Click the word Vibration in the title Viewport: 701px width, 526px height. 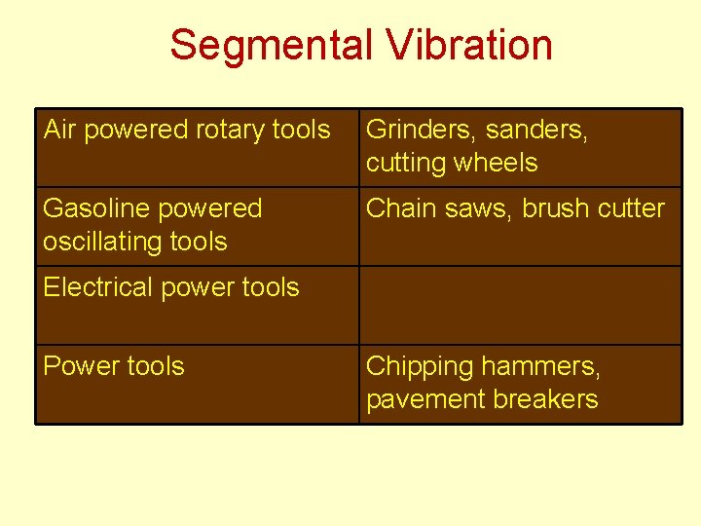(467, 45)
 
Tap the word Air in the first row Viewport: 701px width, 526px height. (58, 129)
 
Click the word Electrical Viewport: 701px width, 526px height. (93, 287)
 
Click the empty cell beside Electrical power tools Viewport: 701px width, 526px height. (520, 305)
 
